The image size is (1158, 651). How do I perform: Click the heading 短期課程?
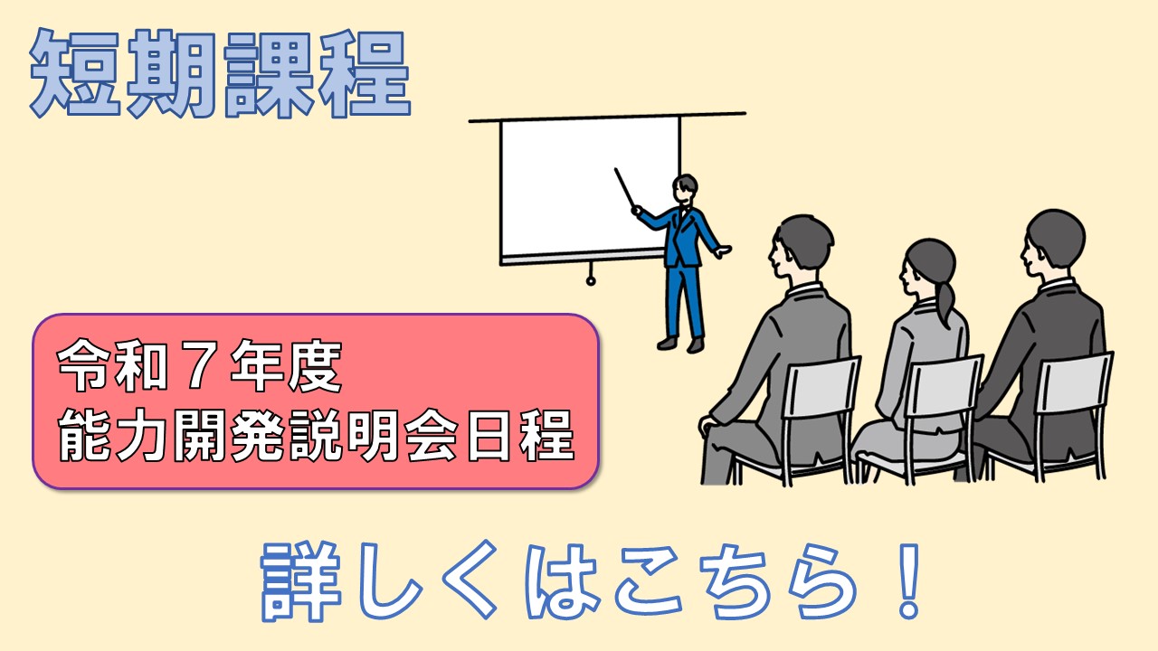tap(220, 73)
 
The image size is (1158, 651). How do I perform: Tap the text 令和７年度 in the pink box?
tap(200, 366)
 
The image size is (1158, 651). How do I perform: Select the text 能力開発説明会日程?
tap(316, 436)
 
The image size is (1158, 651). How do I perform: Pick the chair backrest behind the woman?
tap(944, 387)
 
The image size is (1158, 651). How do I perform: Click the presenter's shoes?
tap(680, 344)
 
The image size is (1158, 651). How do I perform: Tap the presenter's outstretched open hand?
tap(723, 251)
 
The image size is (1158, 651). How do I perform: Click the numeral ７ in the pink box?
tap(200, 367)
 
